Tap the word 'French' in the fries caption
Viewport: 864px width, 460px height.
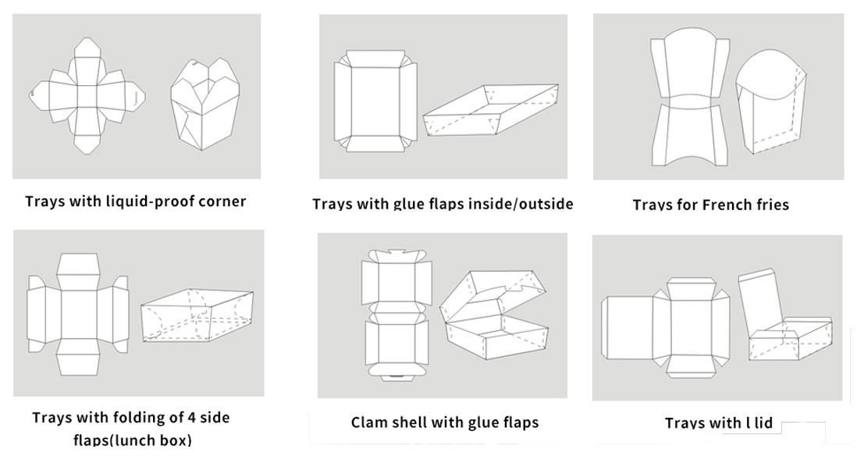click(727, 205)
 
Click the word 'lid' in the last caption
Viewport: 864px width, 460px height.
click(763, 423)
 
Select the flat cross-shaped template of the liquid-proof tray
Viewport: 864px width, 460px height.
click(87, 95)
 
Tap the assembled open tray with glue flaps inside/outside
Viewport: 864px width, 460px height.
click(491, 110)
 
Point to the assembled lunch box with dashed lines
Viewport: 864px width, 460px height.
click(197, 315)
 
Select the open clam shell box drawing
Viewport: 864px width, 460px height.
click(494, 315)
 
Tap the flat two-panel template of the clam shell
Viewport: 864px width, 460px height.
click(396, 315)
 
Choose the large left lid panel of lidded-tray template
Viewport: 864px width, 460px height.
click(627, 327)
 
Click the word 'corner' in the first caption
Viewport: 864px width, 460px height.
click(222, 201)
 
